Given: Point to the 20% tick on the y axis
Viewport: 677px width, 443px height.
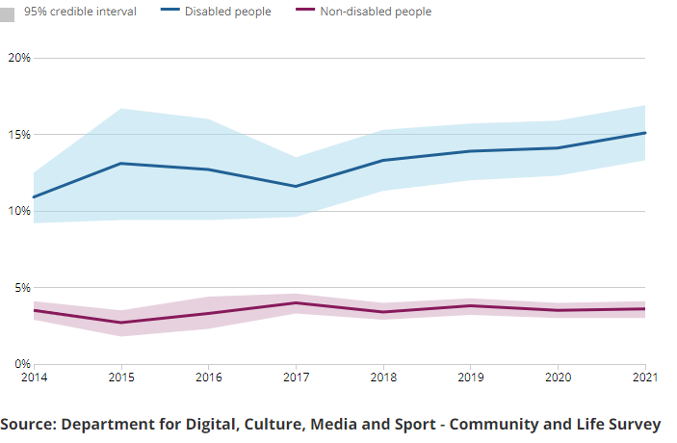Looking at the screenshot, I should click(19, 58).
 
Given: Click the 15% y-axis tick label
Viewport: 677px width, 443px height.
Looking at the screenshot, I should click(19, 134).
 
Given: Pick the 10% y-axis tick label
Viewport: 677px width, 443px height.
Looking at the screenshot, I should click(19, 211).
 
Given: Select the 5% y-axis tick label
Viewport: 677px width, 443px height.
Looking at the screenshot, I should click(22, 287).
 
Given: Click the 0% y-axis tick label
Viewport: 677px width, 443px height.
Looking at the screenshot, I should click(22, 364).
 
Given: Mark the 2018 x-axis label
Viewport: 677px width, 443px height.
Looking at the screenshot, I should click(382, 377).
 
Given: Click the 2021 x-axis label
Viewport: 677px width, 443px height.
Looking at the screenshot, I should click(644, 377).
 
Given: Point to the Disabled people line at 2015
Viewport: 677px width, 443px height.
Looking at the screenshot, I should click(120, 164).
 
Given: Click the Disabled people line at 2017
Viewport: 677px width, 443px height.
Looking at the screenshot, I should click(295, 186).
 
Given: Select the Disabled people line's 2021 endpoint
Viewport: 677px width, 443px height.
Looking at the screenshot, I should click(644, 133).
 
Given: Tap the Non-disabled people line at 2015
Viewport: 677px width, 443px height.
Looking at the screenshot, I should click(120, 323).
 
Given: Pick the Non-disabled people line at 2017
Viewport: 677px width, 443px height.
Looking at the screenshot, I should click(295, 303).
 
